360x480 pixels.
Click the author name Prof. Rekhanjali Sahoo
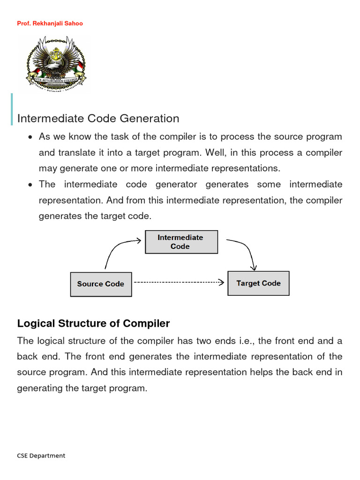(50, 23)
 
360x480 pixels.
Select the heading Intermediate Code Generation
(98, 119)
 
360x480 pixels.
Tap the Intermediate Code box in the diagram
(180, 242)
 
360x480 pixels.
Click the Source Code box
(101, 284)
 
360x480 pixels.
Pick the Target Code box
(258, 283)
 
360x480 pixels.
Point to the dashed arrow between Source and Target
(178, 283)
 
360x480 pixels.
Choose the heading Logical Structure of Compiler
(93, 323)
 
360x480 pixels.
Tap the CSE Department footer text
(41, 456)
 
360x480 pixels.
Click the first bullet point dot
(30, 138)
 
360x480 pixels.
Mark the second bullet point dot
(30, 185)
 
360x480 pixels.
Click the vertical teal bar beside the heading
(11, 109)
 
